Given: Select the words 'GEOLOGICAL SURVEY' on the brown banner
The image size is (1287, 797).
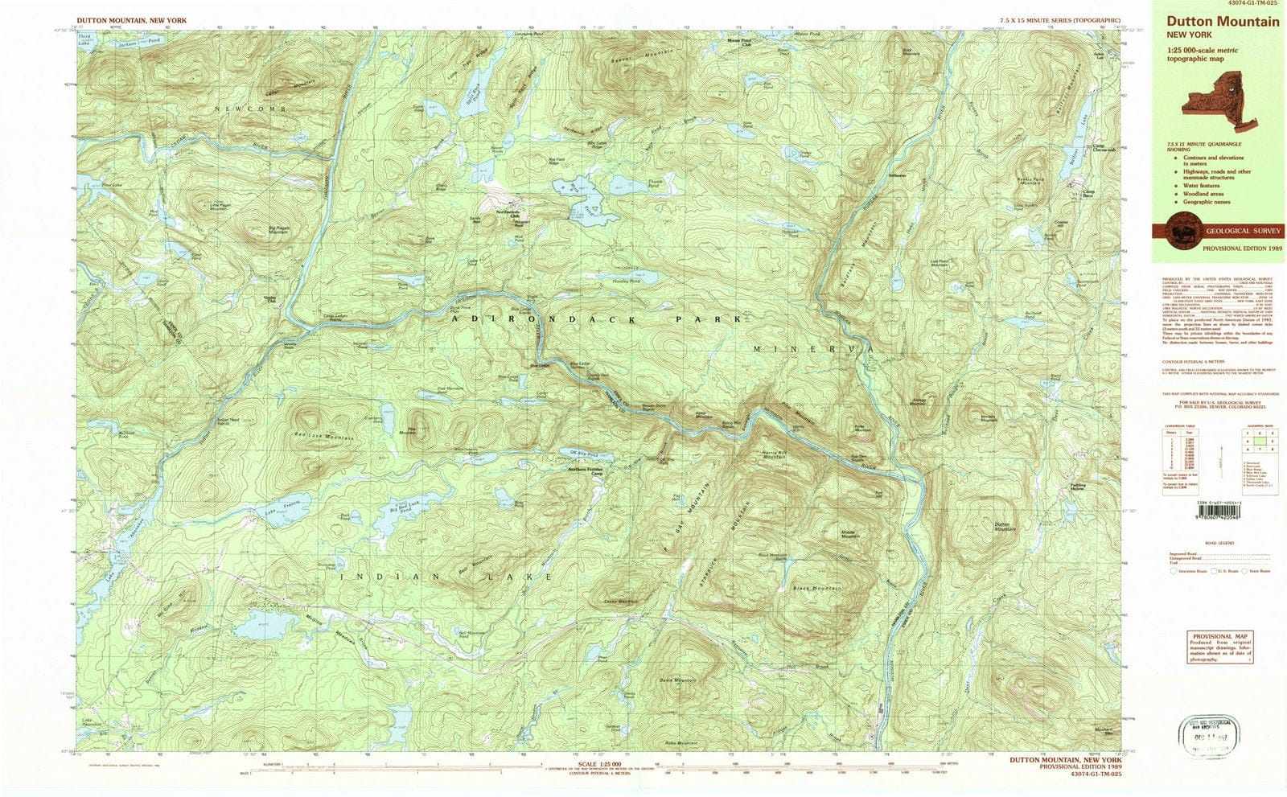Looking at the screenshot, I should click(x=1244, y=231).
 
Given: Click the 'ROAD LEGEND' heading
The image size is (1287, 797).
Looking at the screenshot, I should click(x=1220, y=543).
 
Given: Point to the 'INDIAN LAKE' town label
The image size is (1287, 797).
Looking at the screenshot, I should click(x=446, y=577).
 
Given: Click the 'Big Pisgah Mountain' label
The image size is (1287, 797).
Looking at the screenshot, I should click(x=278, y=232).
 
